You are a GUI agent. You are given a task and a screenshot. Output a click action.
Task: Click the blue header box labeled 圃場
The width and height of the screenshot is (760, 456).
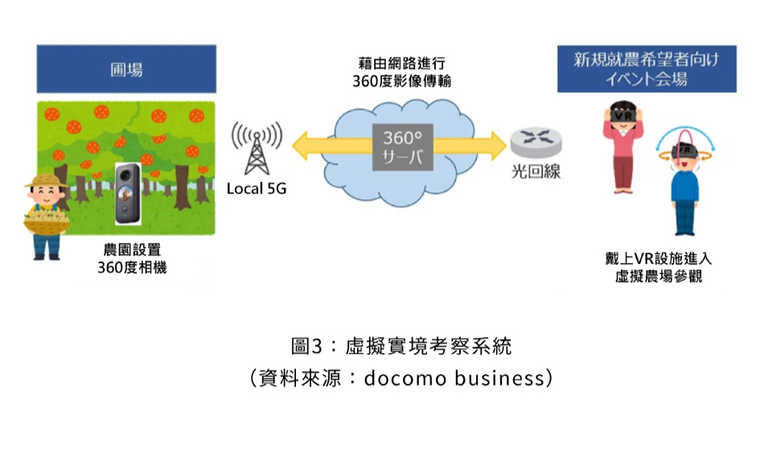126,70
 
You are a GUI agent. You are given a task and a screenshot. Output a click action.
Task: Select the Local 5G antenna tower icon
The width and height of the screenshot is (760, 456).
256,149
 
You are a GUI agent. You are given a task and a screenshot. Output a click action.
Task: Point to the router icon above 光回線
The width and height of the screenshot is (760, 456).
531,143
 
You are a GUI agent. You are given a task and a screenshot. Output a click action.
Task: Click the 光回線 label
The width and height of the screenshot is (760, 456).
532,172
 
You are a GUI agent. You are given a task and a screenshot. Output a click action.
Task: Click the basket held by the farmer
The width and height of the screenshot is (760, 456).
43,224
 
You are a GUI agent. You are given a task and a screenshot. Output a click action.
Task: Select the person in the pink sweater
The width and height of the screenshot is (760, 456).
622,149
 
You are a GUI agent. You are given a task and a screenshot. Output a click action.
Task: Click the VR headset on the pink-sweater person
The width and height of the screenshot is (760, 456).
622,114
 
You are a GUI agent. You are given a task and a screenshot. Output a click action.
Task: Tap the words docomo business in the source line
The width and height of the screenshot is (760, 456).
456,378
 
